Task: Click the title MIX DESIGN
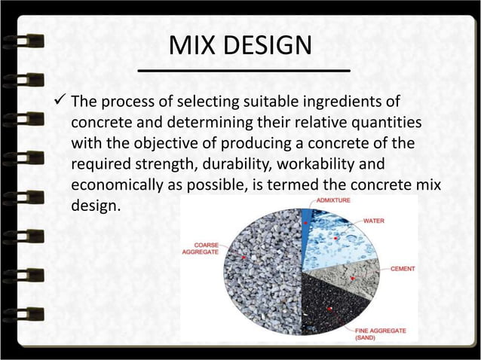pos(240,47)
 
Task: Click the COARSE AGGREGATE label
pos(201,249)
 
